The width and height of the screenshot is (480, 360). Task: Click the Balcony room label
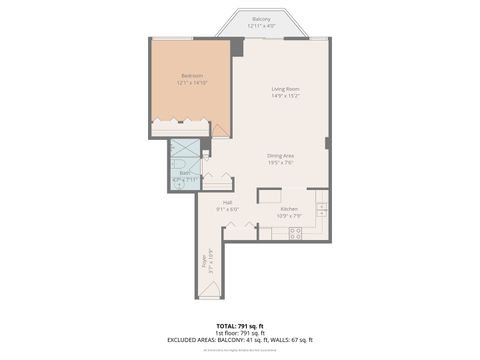[261, 19]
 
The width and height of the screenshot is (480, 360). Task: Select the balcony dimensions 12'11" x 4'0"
[261, 26]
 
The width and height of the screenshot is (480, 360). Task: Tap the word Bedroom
[192, 76]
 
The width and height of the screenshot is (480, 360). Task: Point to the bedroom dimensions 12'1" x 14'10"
[192, 83]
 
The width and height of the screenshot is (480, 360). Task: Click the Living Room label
[286, 90]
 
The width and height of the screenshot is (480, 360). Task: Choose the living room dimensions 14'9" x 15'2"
[286, 97]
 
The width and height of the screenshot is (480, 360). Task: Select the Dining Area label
[281, 155]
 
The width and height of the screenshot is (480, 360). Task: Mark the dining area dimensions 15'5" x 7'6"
[281, 162]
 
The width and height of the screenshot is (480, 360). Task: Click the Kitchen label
[289, 208]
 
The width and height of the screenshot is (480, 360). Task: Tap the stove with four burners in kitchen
[295, 233]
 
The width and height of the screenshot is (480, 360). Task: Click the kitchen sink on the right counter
[322, 209]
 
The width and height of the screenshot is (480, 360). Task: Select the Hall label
[228, 202]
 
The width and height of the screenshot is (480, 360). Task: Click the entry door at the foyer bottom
[209, 290]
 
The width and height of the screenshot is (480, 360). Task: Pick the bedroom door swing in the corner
[220, 129]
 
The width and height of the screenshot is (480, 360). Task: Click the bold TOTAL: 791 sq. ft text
[240, 326]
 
